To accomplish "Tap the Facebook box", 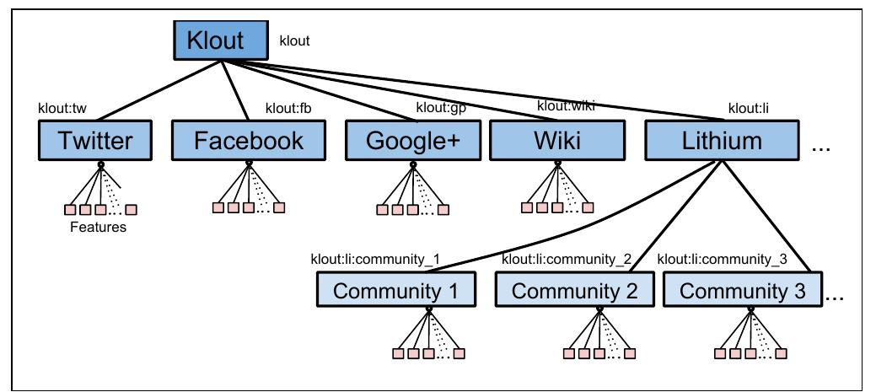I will [x=249, y=141].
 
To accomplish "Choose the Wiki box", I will [x=556, y=141].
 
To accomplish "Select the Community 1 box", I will [x=395, y=292].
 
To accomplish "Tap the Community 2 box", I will [x=572, y=292].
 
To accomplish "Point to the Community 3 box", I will [x=742, y=292].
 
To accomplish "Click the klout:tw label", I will [x=62, y=109].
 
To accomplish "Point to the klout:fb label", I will [x=288, y=108].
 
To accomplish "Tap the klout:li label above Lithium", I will [x=747, y=109].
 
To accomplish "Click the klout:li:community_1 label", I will [x=375, y=260].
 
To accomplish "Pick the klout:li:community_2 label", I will [x=566, y=260].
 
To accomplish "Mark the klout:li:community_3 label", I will [x=722, y=260].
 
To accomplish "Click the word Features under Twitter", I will [x=98, y=228].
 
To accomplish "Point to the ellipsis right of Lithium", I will [x=820, y=148].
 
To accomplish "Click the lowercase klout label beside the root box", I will [x=294, y=40].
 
